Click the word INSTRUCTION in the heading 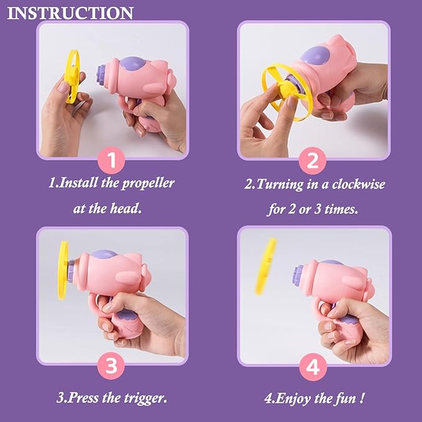click(x=70, y=13)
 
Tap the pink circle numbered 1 click(x=111, y=160)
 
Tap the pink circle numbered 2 click(x=312, y=161)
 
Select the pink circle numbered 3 click(x=111, y=365)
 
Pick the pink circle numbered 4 click(x=313, y=367)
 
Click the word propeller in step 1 click(x=148, y=184)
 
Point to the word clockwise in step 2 click(x=358, y=185)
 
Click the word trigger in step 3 click(x=145, y=398)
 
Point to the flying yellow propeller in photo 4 click(x=265, y=267)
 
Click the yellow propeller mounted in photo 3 click(x=62, y=270)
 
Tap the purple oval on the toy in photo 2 click(x=315, y=56)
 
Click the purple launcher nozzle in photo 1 click(x=101, y=77)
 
